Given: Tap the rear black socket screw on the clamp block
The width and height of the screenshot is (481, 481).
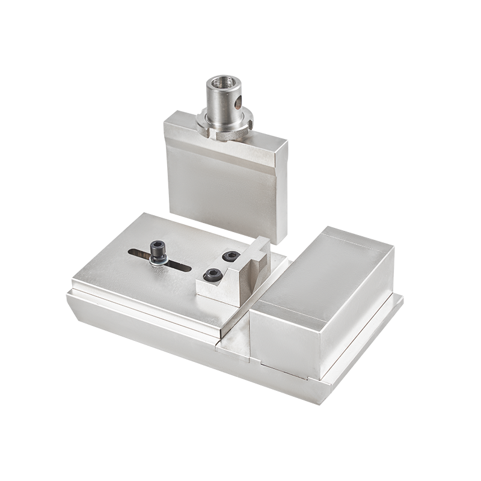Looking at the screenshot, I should [x=230, y=256].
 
